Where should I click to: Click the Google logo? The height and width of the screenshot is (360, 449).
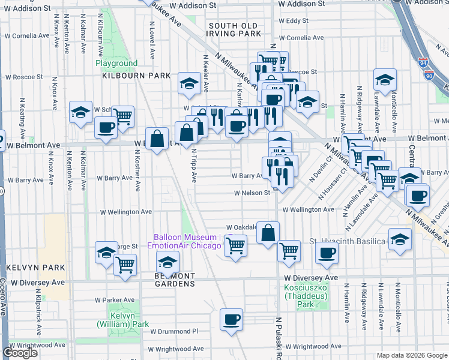(x=20, y=353)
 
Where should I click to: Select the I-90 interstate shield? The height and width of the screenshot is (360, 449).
(x=427, y=75)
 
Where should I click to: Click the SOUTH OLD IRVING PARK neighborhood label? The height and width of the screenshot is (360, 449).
(x=234, y=31)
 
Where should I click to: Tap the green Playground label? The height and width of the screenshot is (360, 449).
(x=116, y=63)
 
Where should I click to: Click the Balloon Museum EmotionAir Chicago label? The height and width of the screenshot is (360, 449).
(x=187, y=241)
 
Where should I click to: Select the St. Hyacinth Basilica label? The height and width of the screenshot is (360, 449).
(x=347, y=241)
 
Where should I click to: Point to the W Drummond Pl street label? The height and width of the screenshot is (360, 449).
(x=174, y=331)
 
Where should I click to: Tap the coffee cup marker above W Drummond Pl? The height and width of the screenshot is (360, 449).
(x=231, y=320)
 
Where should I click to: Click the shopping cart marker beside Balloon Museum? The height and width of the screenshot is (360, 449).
(x=235, y=245)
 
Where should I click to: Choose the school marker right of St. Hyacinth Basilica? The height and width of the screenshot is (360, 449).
(x=400, y=238)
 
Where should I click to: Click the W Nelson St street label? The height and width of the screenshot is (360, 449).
(x=252, y=193)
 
